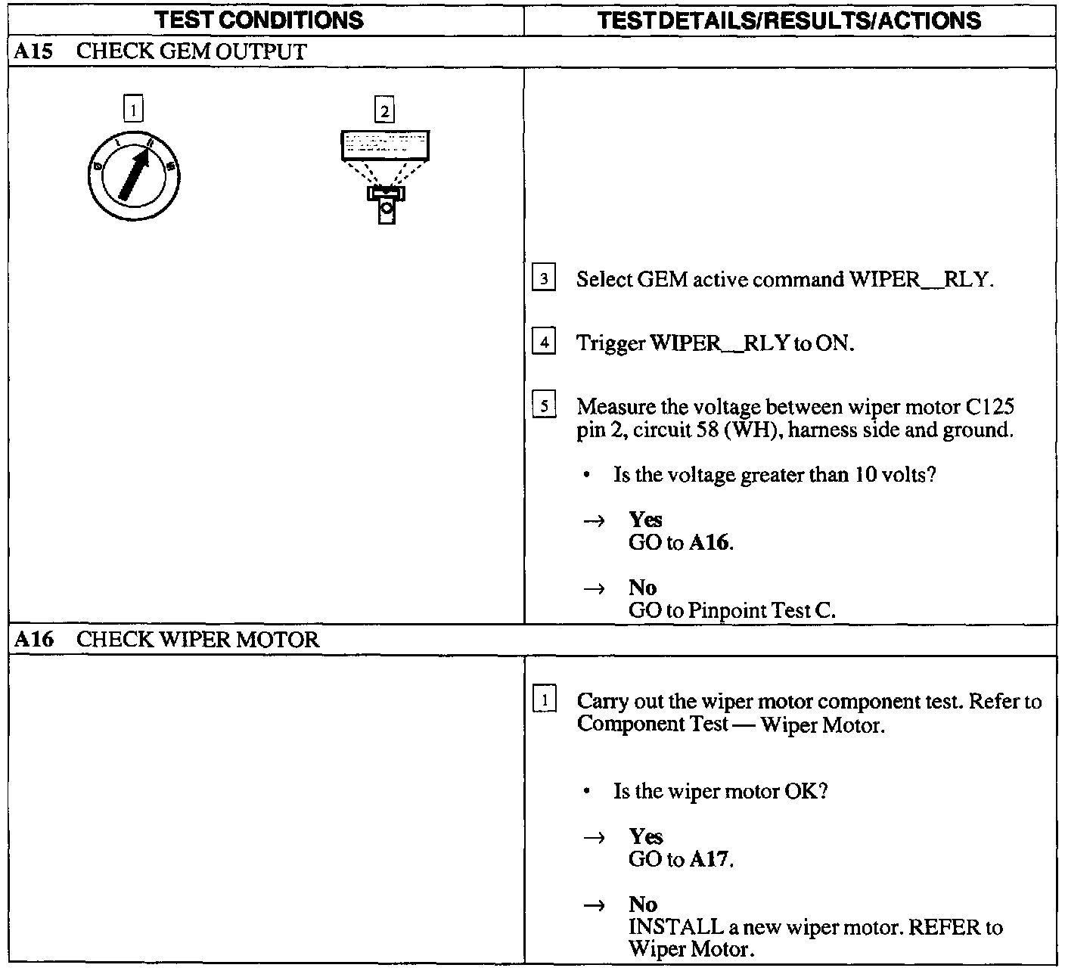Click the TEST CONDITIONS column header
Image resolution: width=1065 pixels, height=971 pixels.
(259, 20)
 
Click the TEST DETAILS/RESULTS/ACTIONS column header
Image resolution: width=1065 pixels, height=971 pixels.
(789, 20)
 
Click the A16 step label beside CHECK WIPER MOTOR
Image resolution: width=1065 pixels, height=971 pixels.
(33, 640)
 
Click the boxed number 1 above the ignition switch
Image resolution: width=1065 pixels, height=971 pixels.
(133, 110)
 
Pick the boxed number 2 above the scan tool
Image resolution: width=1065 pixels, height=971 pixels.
(384, 111)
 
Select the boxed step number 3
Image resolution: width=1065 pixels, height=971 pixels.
(544, 279)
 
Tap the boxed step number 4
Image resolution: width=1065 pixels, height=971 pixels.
(544, 343)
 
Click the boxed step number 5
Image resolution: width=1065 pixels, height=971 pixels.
(544, 407)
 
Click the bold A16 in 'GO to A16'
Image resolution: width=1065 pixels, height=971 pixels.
(710, 543)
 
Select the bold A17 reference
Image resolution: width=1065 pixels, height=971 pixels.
(710, 860)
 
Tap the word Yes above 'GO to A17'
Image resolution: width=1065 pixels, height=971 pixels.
(645, 836)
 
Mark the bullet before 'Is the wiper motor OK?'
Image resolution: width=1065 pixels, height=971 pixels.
(587, 792)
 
